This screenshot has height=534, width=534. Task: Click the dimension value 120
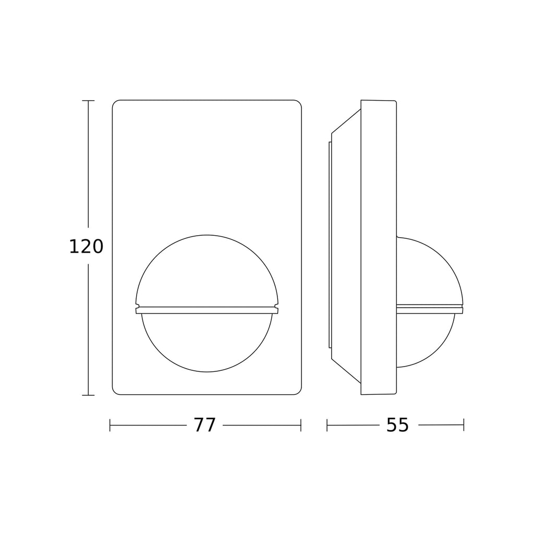(x=86, y=247)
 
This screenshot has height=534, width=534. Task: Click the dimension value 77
(x=205, y=425)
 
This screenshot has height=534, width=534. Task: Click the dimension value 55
(x=397, y=425)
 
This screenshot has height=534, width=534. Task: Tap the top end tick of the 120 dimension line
(x=88, y=101)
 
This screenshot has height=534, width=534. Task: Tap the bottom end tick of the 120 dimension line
(x=88, y=395)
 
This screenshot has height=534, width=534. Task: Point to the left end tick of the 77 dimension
(x=110, y=425)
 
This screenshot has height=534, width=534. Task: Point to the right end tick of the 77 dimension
(x=301, y=425)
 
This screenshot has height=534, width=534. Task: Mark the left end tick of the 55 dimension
(x=327, y=425)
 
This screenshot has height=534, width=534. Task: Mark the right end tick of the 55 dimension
(x=464, y=425)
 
